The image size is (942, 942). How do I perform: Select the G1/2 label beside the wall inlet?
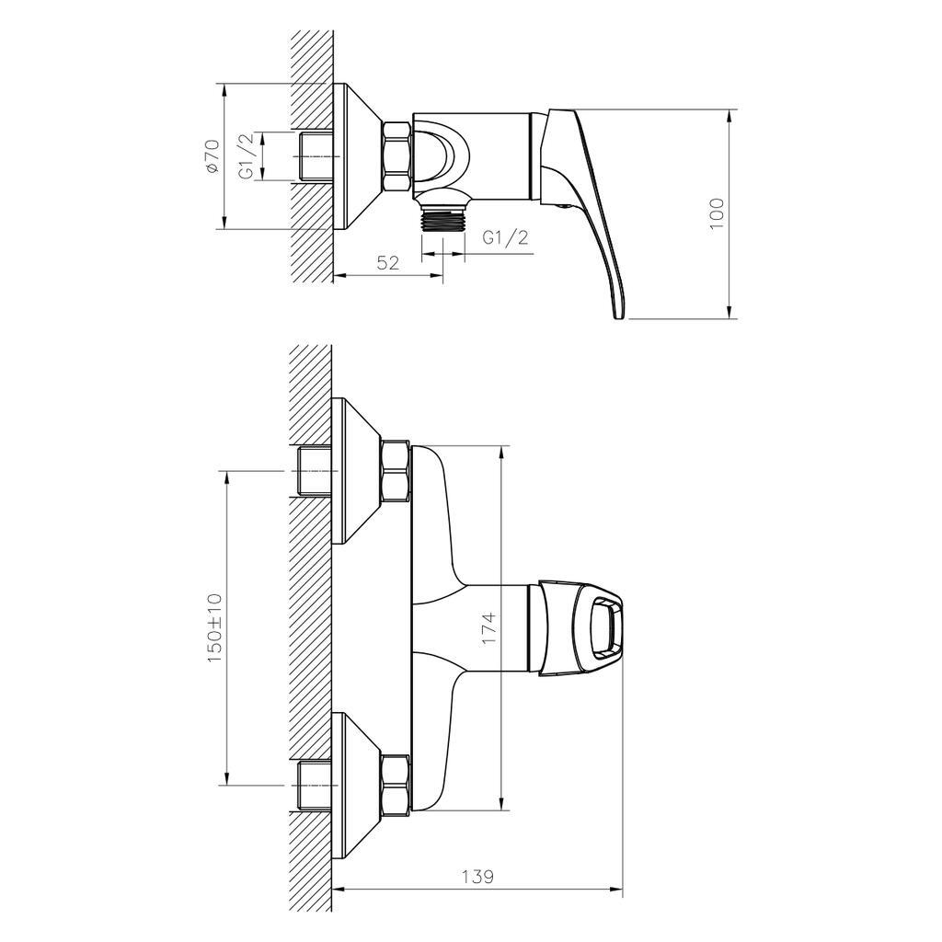(246, 156)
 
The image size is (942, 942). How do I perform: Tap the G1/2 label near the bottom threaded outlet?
(506, 237)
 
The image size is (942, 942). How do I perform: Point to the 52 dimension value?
(388, 263)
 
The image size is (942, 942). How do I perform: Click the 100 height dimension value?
(718, 213)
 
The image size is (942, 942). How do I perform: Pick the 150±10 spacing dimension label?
(215, 628)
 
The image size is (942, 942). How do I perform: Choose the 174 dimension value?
(488, 627)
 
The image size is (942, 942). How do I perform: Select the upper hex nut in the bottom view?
(395, 472)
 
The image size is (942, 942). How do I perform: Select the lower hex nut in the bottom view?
(395, 785)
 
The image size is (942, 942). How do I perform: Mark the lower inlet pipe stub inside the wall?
(313, 786)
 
